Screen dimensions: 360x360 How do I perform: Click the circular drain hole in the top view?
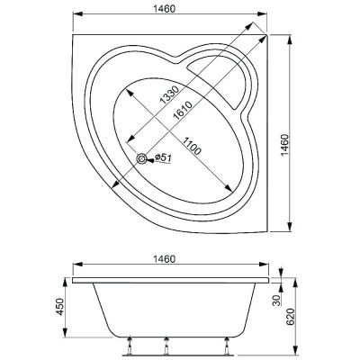(x=143, y=160)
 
